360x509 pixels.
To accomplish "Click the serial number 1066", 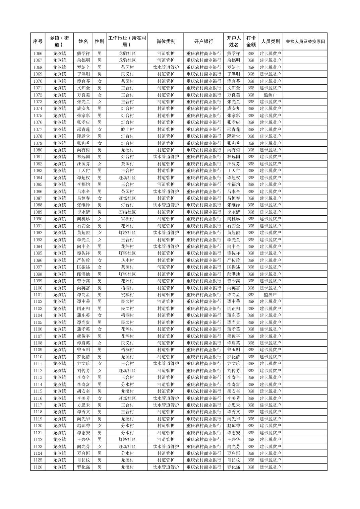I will pos(38,54).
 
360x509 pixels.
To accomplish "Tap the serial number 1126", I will pos(38,467).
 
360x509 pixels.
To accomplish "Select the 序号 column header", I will pos(38,42).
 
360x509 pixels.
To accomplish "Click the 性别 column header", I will pos(99,42).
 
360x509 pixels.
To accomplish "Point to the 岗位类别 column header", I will pos(166,42).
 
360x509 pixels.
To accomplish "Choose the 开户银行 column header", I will pos(203,42).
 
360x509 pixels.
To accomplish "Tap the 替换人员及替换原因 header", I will pos(305,42).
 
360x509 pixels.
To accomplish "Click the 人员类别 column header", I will pos(270,42).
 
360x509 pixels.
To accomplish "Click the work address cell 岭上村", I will pos(127,129).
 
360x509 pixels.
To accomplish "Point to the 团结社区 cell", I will pos(127,212).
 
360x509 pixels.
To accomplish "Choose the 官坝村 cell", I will pos(127,219).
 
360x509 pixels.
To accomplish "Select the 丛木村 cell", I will pos(127,260).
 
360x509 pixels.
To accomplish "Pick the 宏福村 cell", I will pos(127,295).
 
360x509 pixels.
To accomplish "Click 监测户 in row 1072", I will pos(270,95).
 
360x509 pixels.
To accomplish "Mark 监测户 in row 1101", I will pos(270,295).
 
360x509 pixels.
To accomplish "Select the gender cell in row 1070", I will pos(99,81).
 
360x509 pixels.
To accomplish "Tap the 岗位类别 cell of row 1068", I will pos(166,67).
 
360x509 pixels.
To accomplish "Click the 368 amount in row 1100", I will pos(251,288).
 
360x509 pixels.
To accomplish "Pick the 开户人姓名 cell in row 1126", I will pos(234,467).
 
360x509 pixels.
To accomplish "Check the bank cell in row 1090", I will pos(203,219).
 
